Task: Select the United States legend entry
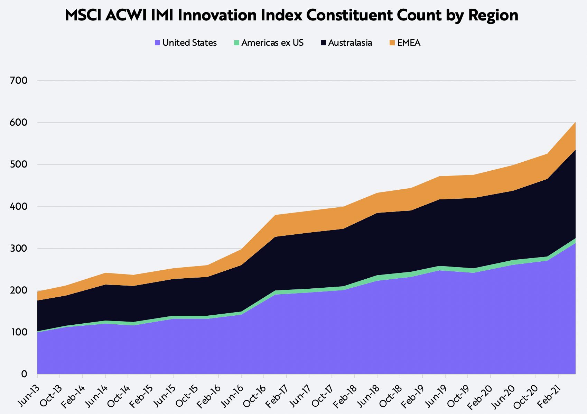point(189,43)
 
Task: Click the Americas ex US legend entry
point(272,43)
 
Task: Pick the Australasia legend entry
point(350,43)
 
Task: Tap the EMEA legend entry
point(409,43)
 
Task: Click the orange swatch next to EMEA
point(392,43)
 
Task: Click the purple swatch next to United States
point(158,43)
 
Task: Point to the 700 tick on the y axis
point(19,81)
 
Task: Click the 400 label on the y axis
point(19,207)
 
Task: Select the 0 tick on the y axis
point(24,374)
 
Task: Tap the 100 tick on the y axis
point(19,332)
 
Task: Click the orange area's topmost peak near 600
point(575,123)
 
